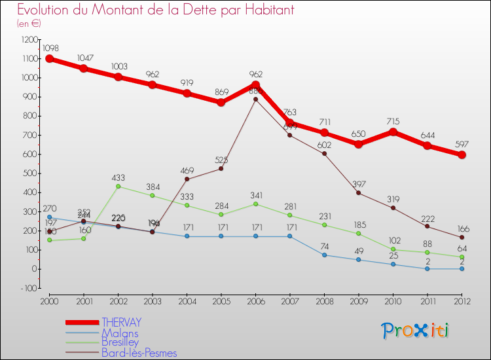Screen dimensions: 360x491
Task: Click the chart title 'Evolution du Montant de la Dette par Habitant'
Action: pyautogui.click(x=155, y=10)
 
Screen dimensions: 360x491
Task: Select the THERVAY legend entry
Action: pyautogui.click(x=121, y=322)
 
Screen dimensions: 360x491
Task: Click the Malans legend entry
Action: pyautogui.click(x=120, y=333)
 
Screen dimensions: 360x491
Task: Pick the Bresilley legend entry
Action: pyautogui.click(x=120, y=342)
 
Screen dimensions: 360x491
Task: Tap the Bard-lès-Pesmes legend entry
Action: pyautogui.click(x=139, y=353)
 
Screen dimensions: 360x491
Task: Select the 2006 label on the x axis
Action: pyautogui.click(x=255, y=300)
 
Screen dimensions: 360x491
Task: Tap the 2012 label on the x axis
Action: pyautogui.click(x=462, y=300)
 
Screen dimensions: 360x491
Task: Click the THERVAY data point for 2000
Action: pyautogui.click(x=49, y=59)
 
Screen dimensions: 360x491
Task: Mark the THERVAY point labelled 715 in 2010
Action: pyautogui.click(x=393, y=132)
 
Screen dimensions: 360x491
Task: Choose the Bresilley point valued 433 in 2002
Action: pyautogui.click(x=118, y=186)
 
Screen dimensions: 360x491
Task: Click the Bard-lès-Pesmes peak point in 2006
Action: pyautogui.click(x=255, y=99)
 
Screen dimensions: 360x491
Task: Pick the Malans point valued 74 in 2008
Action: pyautogui.click(x=324, y=255)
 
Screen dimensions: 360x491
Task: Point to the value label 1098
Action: pyautogui.click(x=51, y=48)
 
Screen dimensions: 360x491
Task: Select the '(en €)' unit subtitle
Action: pyautogui.click(x=29, y=23)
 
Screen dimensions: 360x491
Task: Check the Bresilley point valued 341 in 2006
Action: pyautogui.click(x=255, y=204)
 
